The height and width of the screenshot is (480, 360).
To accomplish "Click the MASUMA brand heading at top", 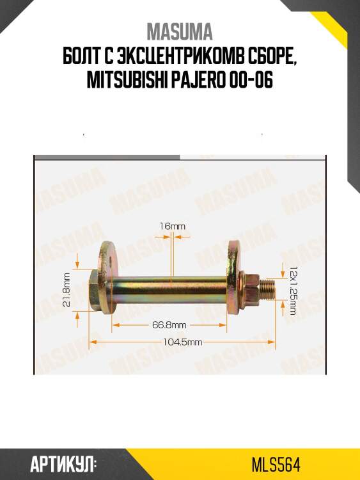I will [x=180, y=32].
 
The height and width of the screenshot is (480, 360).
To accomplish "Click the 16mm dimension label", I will [x=172, y=226].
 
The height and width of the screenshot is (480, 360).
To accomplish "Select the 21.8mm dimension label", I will [x=66, y=290].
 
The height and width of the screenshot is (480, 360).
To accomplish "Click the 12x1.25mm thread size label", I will [x=293, y=291].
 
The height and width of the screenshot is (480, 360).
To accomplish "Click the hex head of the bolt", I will [x=93, y=290].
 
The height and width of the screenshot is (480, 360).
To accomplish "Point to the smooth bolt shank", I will [x=169, y=290].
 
